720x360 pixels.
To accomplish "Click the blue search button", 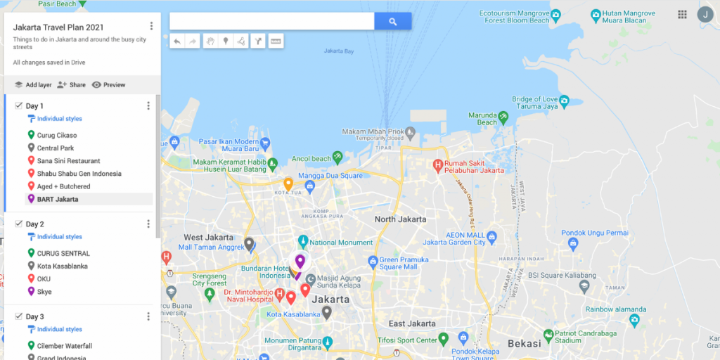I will click(392, 22).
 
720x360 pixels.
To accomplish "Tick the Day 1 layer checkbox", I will click(18, 105).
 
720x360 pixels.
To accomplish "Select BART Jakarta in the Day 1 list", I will click(58, 199).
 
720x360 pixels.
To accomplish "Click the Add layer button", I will click(33, 85).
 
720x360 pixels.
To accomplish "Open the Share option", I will click(72, 85).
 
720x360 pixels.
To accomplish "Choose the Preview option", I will click(108, 85).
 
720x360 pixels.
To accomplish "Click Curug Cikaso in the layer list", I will click(57, 135).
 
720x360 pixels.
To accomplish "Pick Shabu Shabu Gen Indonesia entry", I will click(79, 174).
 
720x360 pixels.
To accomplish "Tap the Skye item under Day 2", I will click(44, 292).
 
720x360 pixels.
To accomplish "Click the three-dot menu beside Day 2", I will click(148, 224).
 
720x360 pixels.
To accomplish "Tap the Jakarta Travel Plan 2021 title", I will click(58, 27).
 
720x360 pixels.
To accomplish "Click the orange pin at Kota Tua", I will click(288, 184).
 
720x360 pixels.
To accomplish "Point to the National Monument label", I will click(341, 243).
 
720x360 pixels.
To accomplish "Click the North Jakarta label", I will click(400, 219).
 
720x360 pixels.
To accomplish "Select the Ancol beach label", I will click(311, 159).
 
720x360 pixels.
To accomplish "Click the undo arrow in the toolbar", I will click(177, 41).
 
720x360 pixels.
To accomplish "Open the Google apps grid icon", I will click(682, 14).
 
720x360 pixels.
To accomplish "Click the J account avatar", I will click(705, 14).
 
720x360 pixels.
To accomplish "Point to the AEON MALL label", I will click(465, 235).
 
